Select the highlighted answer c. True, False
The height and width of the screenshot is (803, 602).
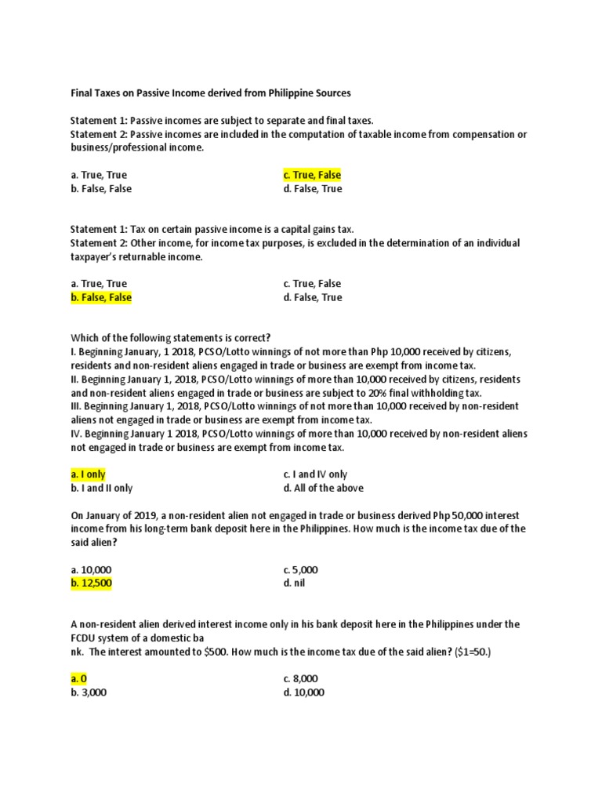coord(312,175)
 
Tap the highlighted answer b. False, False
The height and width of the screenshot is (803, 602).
coord(101,297)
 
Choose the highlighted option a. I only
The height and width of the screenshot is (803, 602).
coord(88,474)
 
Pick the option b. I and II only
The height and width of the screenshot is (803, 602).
coord(102,488)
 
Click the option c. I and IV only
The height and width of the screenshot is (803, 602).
coord(315,474)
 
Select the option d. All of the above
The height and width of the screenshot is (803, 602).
coord(323,488)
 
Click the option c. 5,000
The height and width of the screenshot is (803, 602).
coord(301,570)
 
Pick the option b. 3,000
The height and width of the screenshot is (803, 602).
coord(89,692)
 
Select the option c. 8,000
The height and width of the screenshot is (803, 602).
coord(301,678)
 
